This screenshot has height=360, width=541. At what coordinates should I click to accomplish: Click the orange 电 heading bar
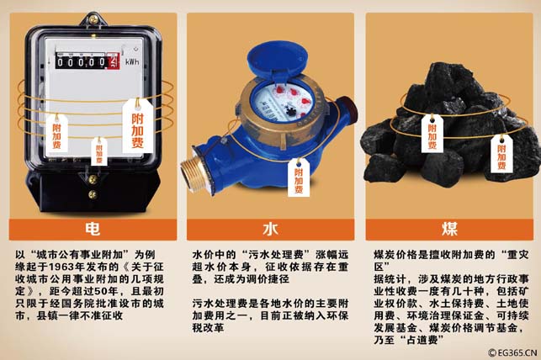(93, 230)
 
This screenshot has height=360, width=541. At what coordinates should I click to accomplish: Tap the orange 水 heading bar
(271, 230)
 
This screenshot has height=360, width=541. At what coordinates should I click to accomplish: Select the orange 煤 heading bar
(449, 230)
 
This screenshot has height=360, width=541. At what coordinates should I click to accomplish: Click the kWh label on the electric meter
(132, 62)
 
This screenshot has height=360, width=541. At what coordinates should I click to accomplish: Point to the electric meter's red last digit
(114, 61)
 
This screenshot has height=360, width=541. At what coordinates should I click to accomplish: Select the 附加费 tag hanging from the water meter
(299, 177)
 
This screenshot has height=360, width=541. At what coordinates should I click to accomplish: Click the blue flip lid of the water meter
(277, 62)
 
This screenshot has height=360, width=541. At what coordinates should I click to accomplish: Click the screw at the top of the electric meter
(93, 19)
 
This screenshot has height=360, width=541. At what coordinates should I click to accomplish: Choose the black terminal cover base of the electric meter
(93, 189)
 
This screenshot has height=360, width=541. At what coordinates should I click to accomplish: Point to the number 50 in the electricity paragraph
(101, 291)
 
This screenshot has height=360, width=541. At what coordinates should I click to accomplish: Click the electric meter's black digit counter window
(88, 61)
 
